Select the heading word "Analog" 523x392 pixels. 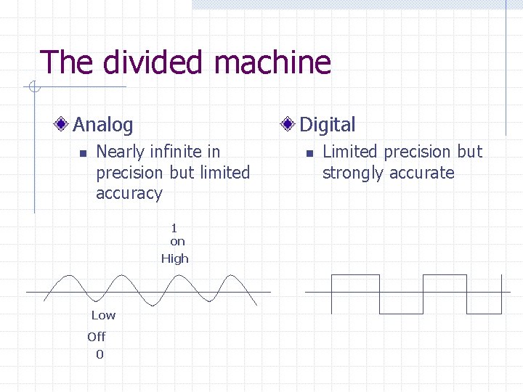point(103,125)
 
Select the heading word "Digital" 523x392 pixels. point(328,125)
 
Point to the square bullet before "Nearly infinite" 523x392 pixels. point(82,153)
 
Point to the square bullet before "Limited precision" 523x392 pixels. point(309,153)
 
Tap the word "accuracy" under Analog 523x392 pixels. point(129,194)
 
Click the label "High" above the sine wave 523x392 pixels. point(174,258)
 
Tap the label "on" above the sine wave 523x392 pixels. point(177,242)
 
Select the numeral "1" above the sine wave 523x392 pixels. point(174,228)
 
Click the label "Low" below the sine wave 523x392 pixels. point(103,315)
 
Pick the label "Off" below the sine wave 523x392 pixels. point(96,337)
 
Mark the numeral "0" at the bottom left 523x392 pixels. point(100,355)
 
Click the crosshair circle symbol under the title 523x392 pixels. point(33,89)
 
